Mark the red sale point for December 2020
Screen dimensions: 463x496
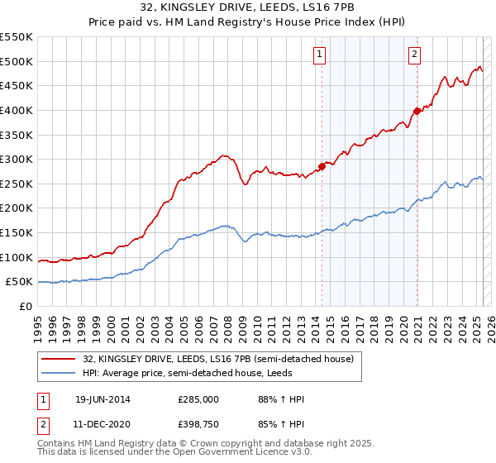417,111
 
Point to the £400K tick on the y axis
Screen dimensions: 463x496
19,110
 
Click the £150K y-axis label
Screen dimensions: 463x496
19,232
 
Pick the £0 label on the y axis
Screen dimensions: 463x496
25,306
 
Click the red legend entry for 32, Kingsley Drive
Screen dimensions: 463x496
218,359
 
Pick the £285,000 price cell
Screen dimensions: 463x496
199,399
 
